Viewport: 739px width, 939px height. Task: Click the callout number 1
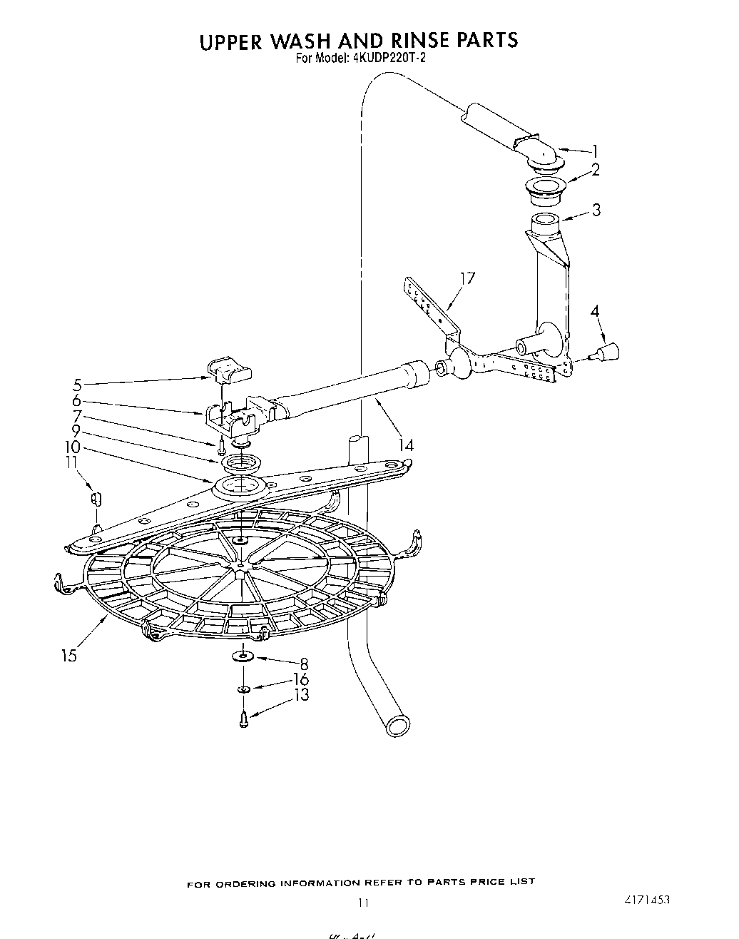click(595, 151)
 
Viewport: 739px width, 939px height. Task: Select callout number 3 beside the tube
click(596, 209)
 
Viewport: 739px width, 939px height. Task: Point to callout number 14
click(406, 445)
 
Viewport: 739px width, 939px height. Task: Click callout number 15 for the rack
click(68, 655)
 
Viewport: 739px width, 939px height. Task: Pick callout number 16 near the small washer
click(301, 680)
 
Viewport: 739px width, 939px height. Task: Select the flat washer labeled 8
click(243, 656)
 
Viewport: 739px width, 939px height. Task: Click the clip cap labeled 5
click(230, 370)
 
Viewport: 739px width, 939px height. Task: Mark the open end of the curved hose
click(396, 726)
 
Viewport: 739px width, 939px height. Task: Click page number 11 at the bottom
click(364, 902)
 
